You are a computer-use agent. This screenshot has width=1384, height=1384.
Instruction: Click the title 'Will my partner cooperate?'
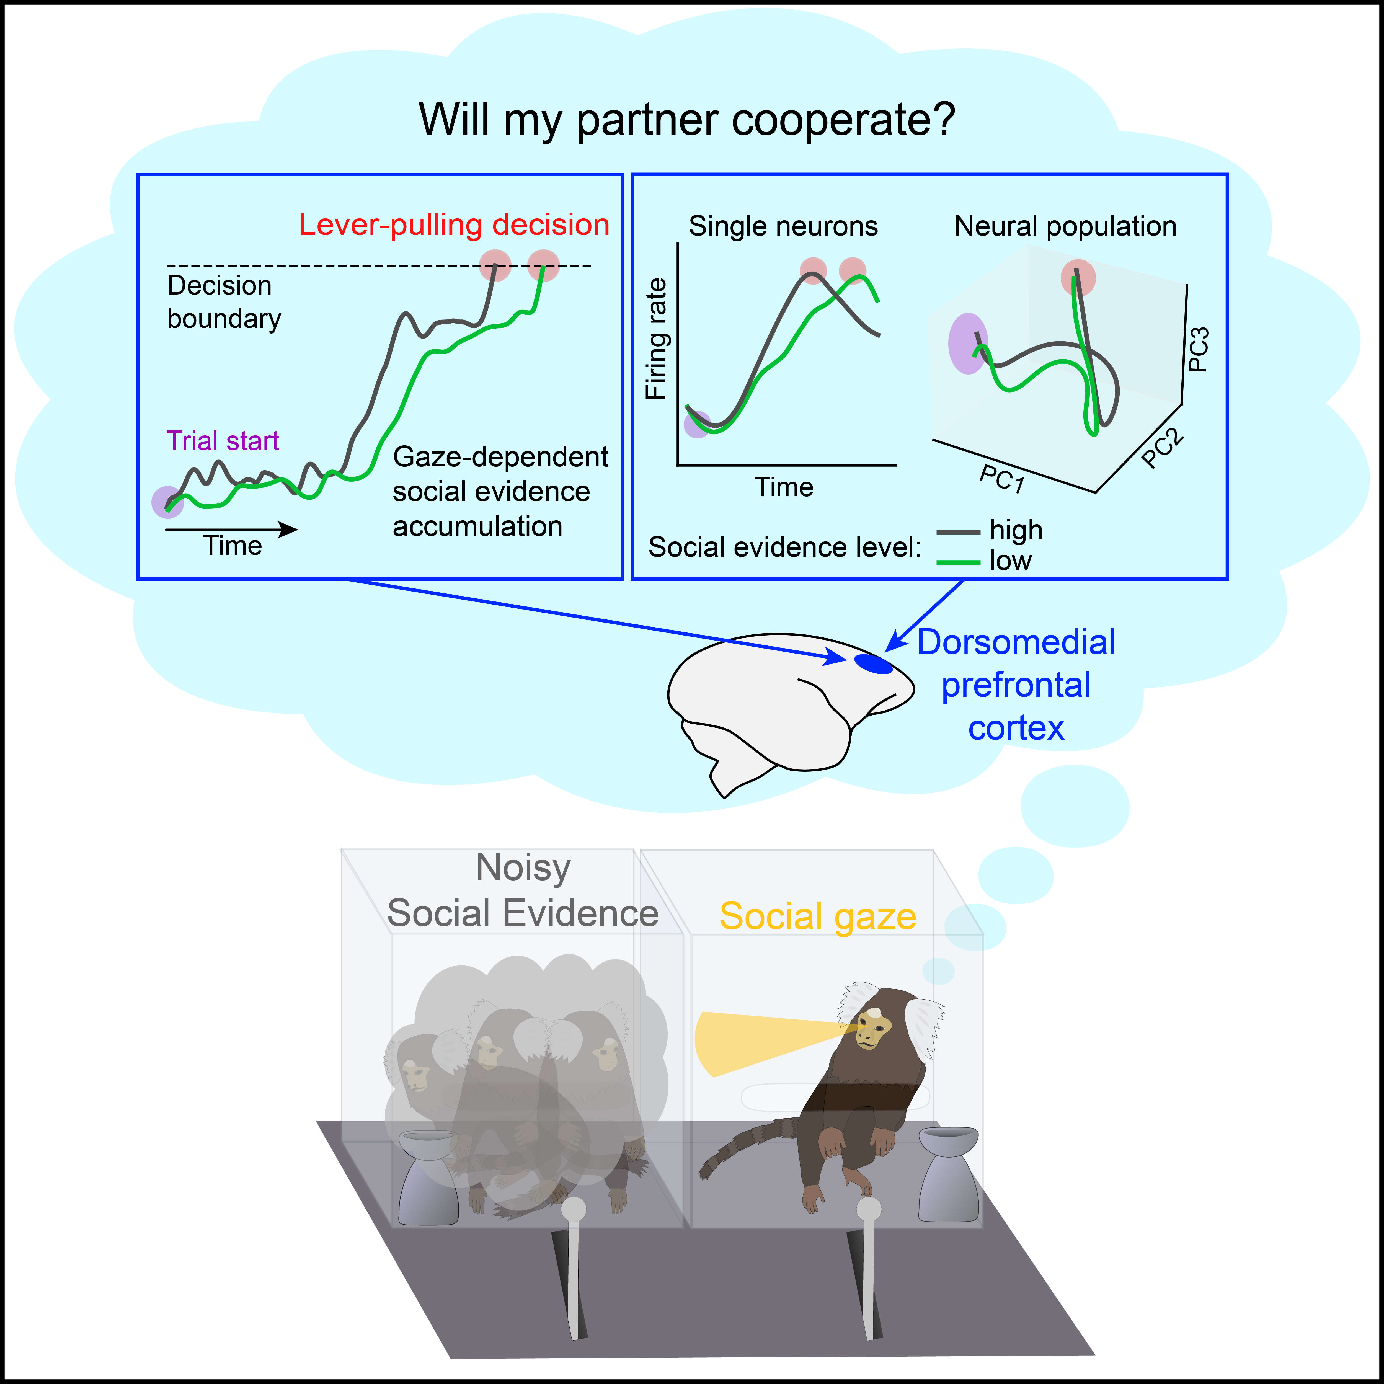(687, 120)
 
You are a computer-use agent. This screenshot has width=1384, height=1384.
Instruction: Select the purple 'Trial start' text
(223, 441)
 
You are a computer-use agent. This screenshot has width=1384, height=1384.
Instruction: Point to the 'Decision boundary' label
(223, 302)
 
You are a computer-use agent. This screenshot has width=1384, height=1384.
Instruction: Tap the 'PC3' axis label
(1199, 349)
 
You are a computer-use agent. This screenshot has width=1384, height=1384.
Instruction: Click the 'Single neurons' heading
(783, 226)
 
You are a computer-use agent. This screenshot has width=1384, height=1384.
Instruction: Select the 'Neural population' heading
(1065, 226)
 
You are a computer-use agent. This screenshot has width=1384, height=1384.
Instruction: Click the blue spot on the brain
(873, 664)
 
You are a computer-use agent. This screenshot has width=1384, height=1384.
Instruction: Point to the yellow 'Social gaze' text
(817, 916)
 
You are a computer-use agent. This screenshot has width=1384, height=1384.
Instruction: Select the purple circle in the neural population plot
(968, 343)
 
